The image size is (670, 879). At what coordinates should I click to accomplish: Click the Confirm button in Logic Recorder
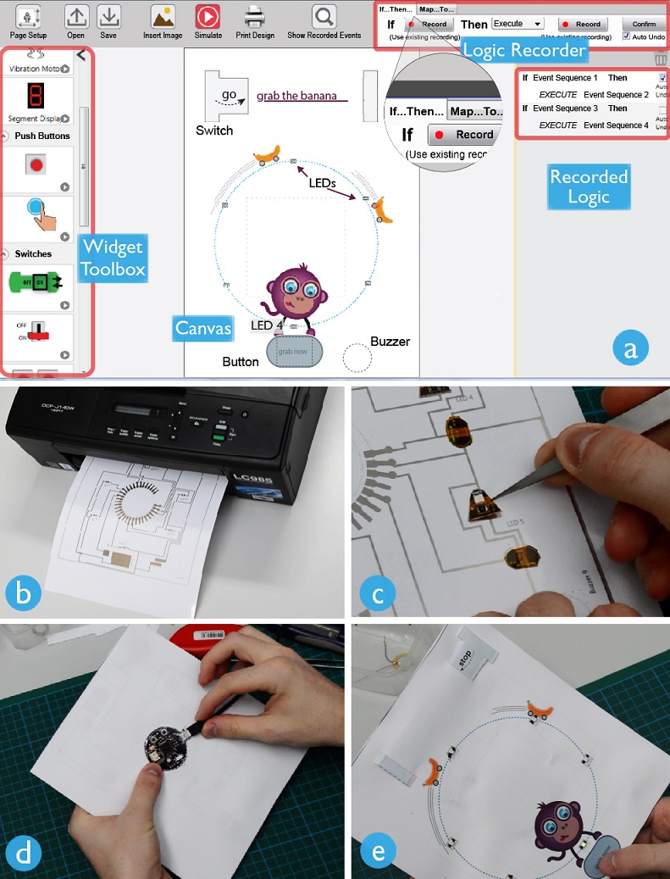[643, 24]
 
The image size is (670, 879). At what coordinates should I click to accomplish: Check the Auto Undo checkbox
[626, 36]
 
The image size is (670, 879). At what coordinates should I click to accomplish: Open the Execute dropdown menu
[518, 24]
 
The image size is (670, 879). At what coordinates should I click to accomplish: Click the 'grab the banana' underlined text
[296, 96]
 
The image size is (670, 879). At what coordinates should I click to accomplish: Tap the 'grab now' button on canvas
[294, 351]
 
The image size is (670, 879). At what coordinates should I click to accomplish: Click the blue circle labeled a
[628, 348]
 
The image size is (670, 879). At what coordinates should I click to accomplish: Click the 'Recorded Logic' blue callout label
[589, 186]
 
